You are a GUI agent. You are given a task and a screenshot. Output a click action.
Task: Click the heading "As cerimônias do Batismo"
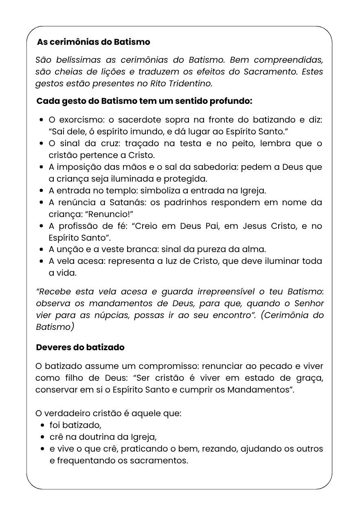point(93,42)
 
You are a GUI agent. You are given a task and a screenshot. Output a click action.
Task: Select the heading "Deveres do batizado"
point(80,347)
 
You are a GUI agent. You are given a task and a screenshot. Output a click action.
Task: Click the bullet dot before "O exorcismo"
point(42,120)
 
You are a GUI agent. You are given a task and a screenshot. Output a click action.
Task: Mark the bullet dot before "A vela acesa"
point(42,261)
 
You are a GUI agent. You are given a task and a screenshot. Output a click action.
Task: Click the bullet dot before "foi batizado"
point(42,425)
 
